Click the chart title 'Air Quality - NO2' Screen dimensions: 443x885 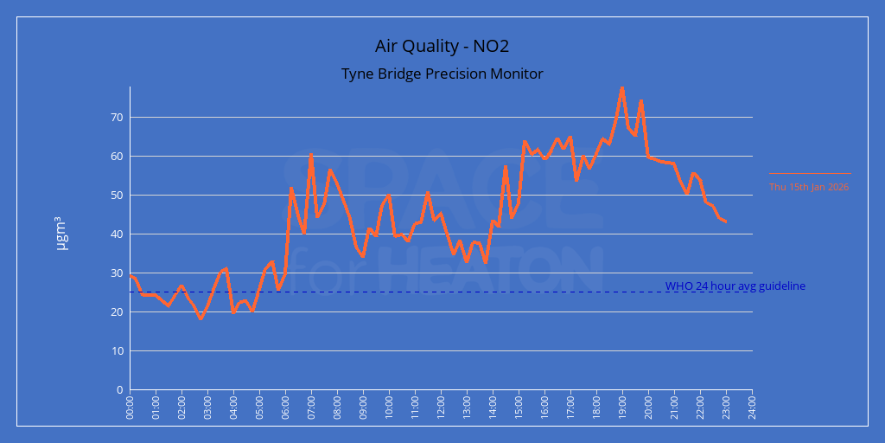click(442, 46)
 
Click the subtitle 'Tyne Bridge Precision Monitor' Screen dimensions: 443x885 click(442, 74)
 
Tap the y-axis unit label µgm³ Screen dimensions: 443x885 click(61, 234)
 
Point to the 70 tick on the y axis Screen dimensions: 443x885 click(118, 118)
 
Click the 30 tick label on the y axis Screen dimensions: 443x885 click(118, 273)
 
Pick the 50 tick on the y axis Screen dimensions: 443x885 click(118, 196)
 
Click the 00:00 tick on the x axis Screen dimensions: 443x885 click(131, 407)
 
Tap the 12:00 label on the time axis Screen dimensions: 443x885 click(441, 407)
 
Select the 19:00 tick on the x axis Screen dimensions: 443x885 click(622, 407)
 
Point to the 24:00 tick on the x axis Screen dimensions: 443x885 click(752, 407)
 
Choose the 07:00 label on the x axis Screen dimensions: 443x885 click(311, 407)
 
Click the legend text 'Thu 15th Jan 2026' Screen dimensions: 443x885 click(809, 186)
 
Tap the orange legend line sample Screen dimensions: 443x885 click(809, 174)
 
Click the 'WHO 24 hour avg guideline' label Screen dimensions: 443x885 click(735, 286)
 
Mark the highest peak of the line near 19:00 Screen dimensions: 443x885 click(622, 87)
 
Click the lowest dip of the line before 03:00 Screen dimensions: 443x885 click(201, 318)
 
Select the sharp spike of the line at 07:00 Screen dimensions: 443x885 click(311, 155)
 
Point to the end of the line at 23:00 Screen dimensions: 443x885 click(725, 221)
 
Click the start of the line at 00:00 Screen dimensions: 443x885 click(131, 275)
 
